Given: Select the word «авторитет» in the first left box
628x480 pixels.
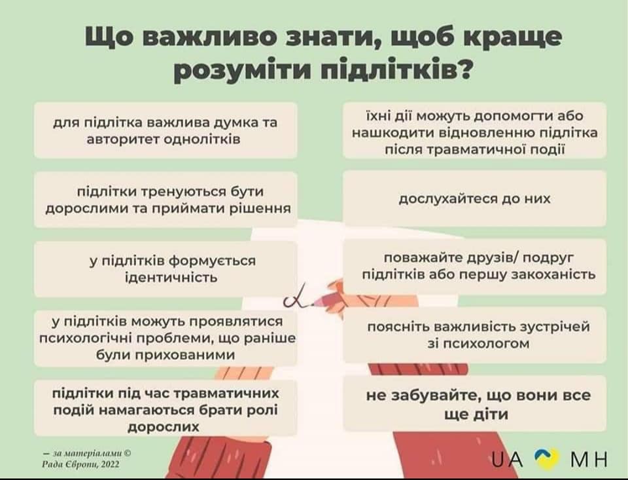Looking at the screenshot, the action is [x=122, y=139].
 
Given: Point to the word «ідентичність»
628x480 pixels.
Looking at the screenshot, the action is [x=171, y=278].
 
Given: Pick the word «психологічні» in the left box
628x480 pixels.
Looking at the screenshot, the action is [x=86, y=339].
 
